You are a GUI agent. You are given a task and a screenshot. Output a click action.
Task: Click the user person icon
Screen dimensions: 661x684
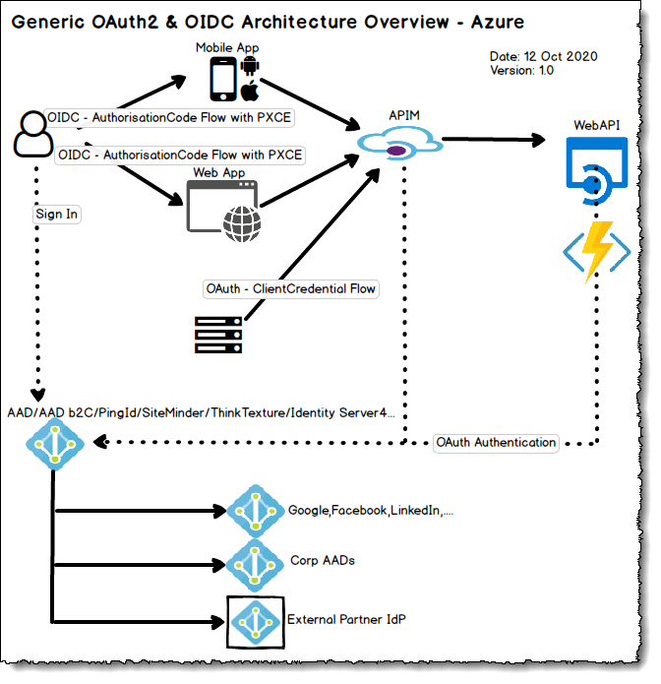tap(33, 134)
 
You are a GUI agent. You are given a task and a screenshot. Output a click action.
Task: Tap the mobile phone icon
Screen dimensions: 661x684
tap(223, 79)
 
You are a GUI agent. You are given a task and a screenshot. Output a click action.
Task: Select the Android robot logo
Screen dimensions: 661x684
tap(250, 65)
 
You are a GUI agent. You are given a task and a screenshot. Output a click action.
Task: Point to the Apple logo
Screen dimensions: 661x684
tap(250, 91)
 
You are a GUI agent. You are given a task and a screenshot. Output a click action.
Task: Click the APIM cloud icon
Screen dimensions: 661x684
tap(399, 143)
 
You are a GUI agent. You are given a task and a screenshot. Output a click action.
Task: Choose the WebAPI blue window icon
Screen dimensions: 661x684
tap(596, 170)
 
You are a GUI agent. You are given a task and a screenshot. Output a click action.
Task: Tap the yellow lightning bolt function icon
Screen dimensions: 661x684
tap(597, 252)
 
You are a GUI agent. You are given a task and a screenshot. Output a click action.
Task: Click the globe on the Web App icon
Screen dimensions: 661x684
tap(242, 223)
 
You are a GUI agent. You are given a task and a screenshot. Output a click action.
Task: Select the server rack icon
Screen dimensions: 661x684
tap(218, 335)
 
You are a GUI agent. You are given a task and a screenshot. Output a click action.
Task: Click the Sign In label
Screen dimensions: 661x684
tap(57, 215)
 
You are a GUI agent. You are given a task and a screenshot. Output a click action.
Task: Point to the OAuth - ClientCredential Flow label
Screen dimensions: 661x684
tap(291, 288)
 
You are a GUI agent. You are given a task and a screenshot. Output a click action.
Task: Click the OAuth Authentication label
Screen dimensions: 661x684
tap(496, 443)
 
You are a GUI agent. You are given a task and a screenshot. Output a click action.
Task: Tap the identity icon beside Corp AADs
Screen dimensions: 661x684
tap(255, 565)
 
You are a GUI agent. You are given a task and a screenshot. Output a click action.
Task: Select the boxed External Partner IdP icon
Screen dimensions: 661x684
tap(256, 622)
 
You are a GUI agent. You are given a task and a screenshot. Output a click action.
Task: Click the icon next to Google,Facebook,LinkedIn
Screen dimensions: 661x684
tap(256, 511)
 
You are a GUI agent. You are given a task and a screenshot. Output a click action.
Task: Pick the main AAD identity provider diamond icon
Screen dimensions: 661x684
tap(55, 444)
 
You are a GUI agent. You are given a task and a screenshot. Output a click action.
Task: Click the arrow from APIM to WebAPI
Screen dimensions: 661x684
tap(494, 139)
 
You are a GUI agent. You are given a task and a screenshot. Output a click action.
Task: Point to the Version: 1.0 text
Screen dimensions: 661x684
tap(522, 70)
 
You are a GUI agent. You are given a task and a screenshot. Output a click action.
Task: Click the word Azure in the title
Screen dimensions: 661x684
tap(498, 22)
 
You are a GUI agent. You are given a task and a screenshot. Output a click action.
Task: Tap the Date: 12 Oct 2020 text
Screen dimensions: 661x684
tap(543, 56)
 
